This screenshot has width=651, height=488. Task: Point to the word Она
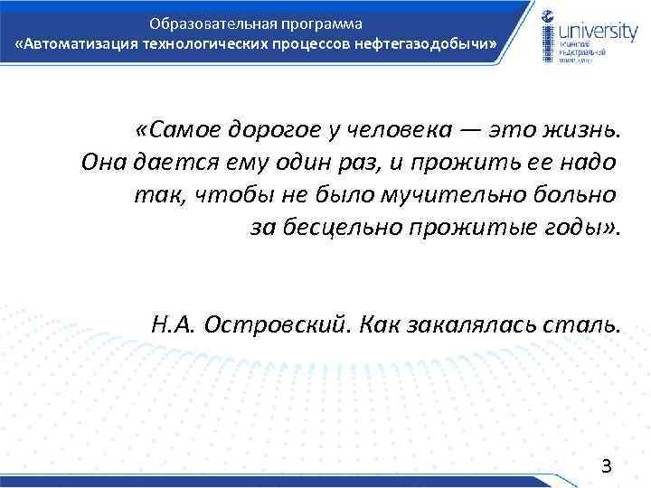103,163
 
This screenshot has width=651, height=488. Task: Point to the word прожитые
484,226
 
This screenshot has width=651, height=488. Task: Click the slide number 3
607,465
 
